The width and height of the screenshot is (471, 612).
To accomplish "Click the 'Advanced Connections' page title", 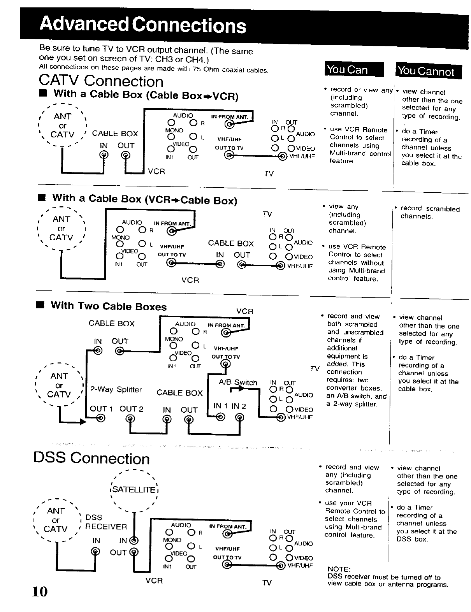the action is click(x=143, y=25).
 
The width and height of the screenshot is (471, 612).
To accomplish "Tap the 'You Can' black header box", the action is click(x=354, y=69).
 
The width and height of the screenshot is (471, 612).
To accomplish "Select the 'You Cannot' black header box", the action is click(x=429, y=71).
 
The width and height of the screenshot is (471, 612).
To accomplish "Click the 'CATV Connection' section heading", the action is click(x=101, y=81).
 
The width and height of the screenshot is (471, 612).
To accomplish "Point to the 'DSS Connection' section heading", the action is click(x=91, y=458).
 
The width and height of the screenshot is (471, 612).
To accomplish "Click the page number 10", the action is click(x=40, y=591).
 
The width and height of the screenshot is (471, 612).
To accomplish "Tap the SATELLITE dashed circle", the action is click(x=134, y=491).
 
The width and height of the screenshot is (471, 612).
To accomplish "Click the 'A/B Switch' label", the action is click(x=238, y=382).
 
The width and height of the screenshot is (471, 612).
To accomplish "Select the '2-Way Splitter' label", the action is click(x=116, y=389).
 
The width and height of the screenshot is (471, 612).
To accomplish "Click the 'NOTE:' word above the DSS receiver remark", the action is click(x=339, y=569).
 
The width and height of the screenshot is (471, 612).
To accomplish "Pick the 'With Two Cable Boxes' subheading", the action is click(x=109, y=306).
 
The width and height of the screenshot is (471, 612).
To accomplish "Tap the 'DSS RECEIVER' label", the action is click(x=106, y=522).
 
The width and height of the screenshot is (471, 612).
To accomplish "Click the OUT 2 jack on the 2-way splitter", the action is click(x=130, y=419).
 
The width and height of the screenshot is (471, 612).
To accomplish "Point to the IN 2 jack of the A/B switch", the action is click(x=239, y=417).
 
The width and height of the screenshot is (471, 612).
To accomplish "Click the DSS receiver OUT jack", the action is click(x=134, y=552).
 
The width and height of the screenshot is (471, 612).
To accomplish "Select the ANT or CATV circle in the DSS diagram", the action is click(x=56, y=520).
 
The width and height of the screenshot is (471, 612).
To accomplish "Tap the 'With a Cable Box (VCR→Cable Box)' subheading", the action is click(x=145, y=199).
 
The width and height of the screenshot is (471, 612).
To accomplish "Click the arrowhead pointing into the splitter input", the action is click(x=83, y=422).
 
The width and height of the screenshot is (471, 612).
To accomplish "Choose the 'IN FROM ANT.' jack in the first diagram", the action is click(x=229, y=124).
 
